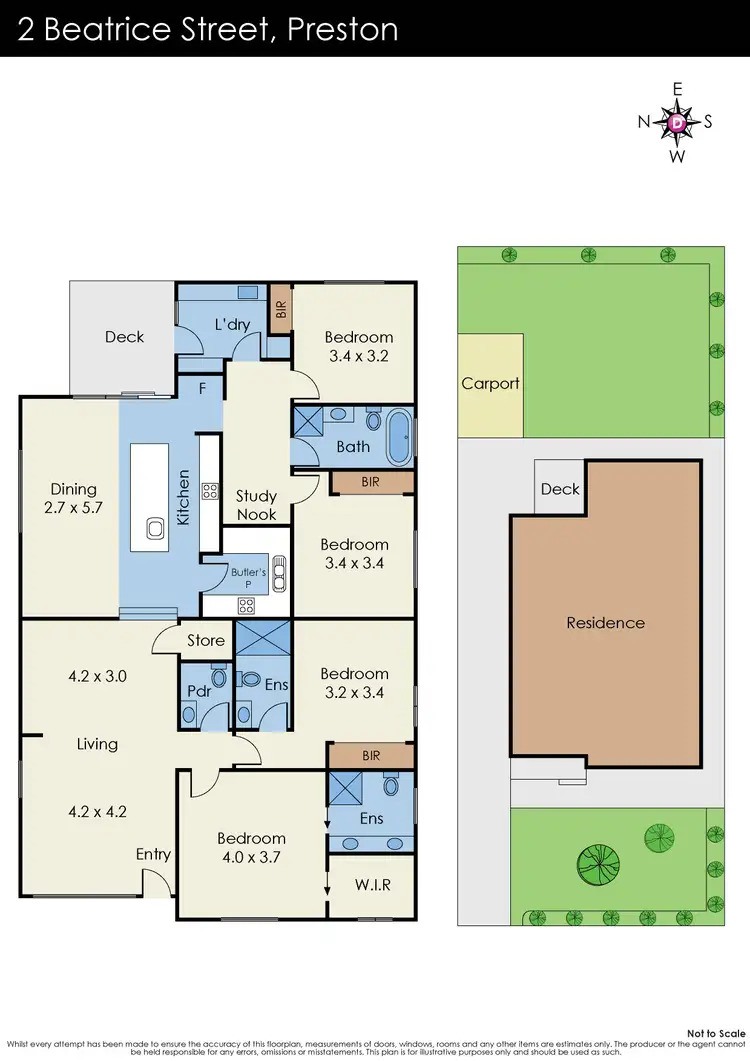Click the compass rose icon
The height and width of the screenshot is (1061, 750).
(677, 122)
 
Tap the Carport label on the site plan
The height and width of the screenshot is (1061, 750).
(490, 384)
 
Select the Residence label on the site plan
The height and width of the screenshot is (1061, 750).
(605, 623)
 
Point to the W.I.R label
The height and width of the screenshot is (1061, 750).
(372, 885)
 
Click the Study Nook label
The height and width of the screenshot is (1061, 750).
(256, 505)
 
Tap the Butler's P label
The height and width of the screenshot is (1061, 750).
(249, 579)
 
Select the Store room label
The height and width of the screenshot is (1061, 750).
(205, 640)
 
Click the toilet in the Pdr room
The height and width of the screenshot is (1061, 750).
(219, 677)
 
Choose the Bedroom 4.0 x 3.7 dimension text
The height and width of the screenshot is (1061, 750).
(251, 856)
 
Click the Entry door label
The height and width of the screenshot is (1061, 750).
(153, 854)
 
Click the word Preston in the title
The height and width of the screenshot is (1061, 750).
(342, 29)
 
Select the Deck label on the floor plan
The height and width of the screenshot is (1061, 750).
(124, 337)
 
